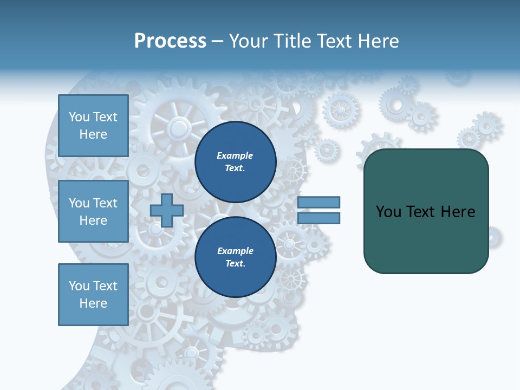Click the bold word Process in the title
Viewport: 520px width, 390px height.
click(x=170, y=41)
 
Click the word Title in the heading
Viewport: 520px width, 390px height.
click(x=291, y=41)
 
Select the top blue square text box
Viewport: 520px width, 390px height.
click(x=93, y=126)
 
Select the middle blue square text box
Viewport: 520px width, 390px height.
click(x=93, y=211)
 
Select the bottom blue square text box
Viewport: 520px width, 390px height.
click(x=93, y=295)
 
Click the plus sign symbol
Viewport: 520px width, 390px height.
click(x=167, y=210)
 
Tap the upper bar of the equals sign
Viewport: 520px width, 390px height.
click(x=318, y=202)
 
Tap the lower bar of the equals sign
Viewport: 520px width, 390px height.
click(x=318, y=218)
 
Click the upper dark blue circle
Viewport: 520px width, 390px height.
click(x=235, y=162)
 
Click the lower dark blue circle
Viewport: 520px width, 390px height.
click(x=235, y=257)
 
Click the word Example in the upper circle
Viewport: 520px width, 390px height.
click(x=235, y=155)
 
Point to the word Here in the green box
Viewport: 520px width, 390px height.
click(x=458, y=212)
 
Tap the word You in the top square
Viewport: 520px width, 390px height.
click(x=79, y=117)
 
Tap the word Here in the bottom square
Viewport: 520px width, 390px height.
click(x=93, y=303)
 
